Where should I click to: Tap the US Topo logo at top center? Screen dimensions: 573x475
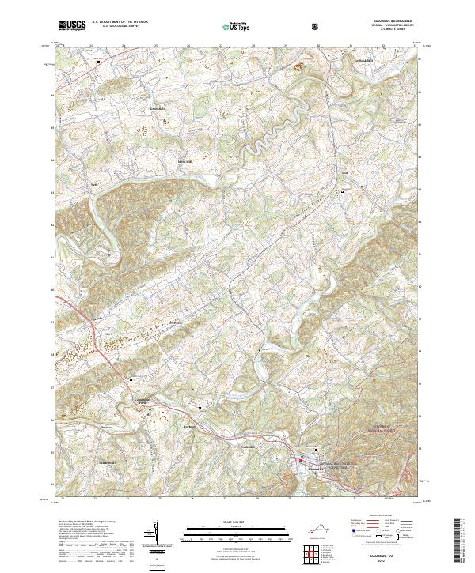(238, 26)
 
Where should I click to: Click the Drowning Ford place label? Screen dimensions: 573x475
(144, 401)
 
